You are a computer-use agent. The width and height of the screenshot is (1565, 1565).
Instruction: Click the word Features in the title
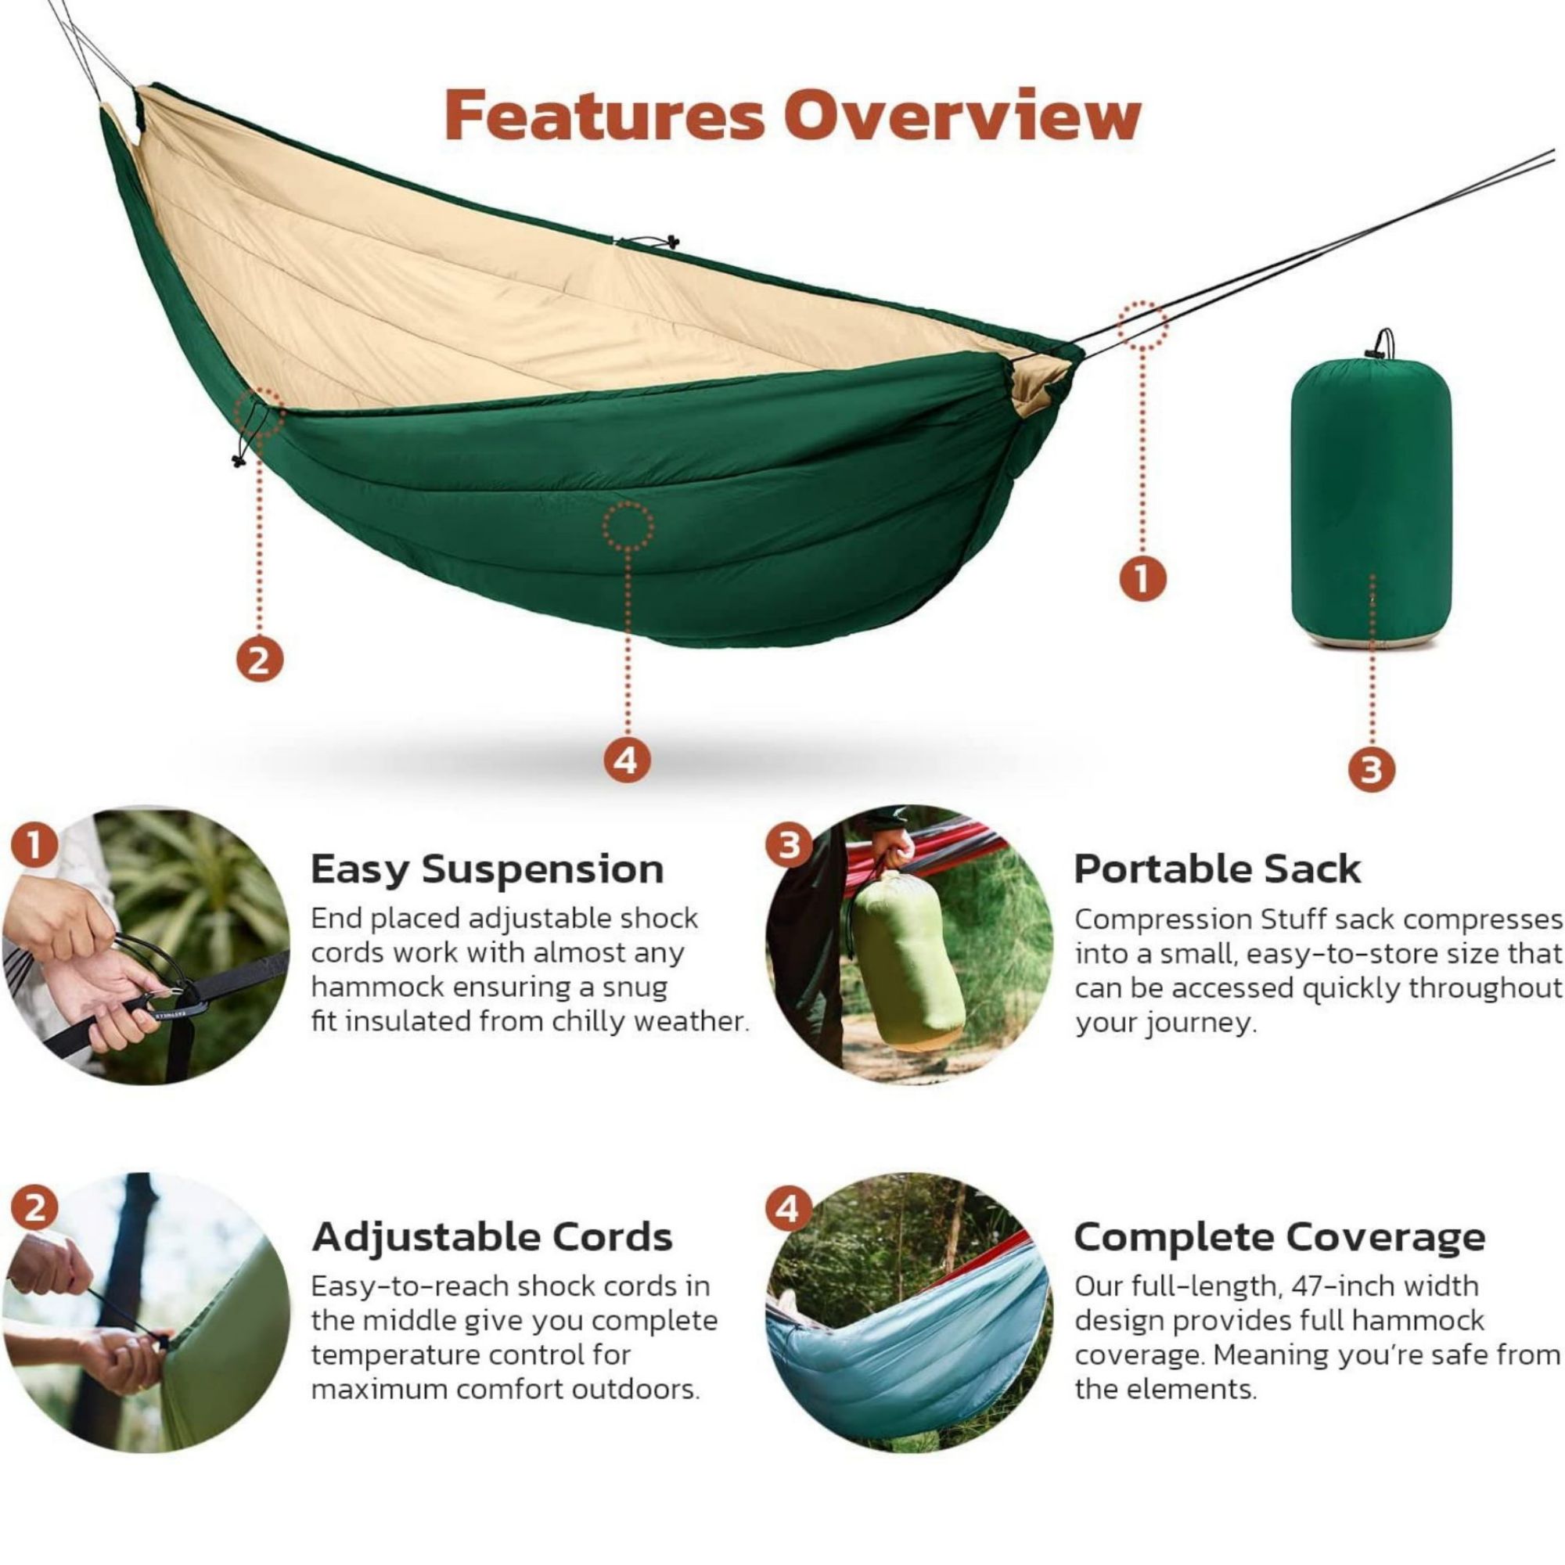pyautogui.click(x=604, y=115)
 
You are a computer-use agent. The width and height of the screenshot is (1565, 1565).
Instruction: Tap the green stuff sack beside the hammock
pyautogui.click(x=1371, y=499)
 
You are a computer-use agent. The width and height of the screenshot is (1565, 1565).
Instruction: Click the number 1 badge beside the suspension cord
pyautogui.click(x=1142, y=578)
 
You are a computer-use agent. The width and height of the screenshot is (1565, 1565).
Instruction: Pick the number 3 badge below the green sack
pyautogui.click(x=1371, y=767)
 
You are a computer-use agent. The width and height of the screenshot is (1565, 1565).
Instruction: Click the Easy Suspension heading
pyautogui.click(x=487, y=870)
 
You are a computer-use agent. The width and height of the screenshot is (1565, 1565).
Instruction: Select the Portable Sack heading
pyautogui.click(x=1218, y=870)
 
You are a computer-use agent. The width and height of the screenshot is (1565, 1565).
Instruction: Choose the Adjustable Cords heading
pyautogui.click(x=492, y=1237)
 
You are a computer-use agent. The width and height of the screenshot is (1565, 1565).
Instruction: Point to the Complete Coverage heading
pyautogui.click(x=1280, y=1237)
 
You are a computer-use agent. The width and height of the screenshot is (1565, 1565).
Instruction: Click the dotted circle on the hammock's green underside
pyautogui.click(x=628, y=527)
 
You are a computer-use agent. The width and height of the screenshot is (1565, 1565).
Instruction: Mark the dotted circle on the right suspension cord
pyautogui.click(x=1143, y=325)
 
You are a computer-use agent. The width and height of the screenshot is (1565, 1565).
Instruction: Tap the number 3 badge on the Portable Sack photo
pyautogui.click(x=787, y=845)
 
